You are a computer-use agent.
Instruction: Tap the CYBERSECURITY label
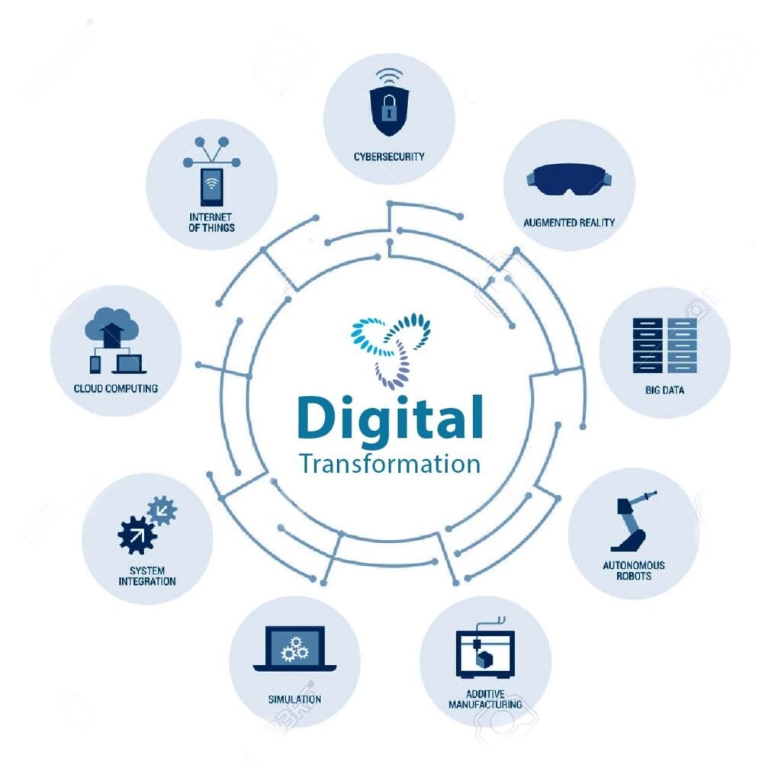click(x=389, y=157)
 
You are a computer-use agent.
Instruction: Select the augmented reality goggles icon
click(x=569, y=179)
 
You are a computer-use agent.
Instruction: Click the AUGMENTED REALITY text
click(x=569, y=223)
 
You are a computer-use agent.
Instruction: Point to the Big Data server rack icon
click(x=665, y=346)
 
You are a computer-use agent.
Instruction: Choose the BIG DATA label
click(x=665, y=390)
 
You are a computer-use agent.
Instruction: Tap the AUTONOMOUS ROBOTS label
click(x=634, y=570)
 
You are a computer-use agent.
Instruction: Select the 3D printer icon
click(x=485, y=648)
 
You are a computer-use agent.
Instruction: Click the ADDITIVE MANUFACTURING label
click(x=485, y=699)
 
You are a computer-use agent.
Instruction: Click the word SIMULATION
click(x=295, y=699)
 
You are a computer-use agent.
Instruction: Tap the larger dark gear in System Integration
click(x=137, y=535)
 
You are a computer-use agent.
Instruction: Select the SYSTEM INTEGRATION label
click(x=147, y=577)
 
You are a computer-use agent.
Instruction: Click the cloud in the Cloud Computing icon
click(x=111, y=326)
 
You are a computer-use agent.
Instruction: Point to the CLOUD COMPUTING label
click(x=116, y=388)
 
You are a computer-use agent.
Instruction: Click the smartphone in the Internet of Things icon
click(x=212, y=187)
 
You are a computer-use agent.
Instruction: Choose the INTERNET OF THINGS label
click(x=212, y=223)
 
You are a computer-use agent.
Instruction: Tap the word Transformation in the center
click(x=390, y=464)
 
